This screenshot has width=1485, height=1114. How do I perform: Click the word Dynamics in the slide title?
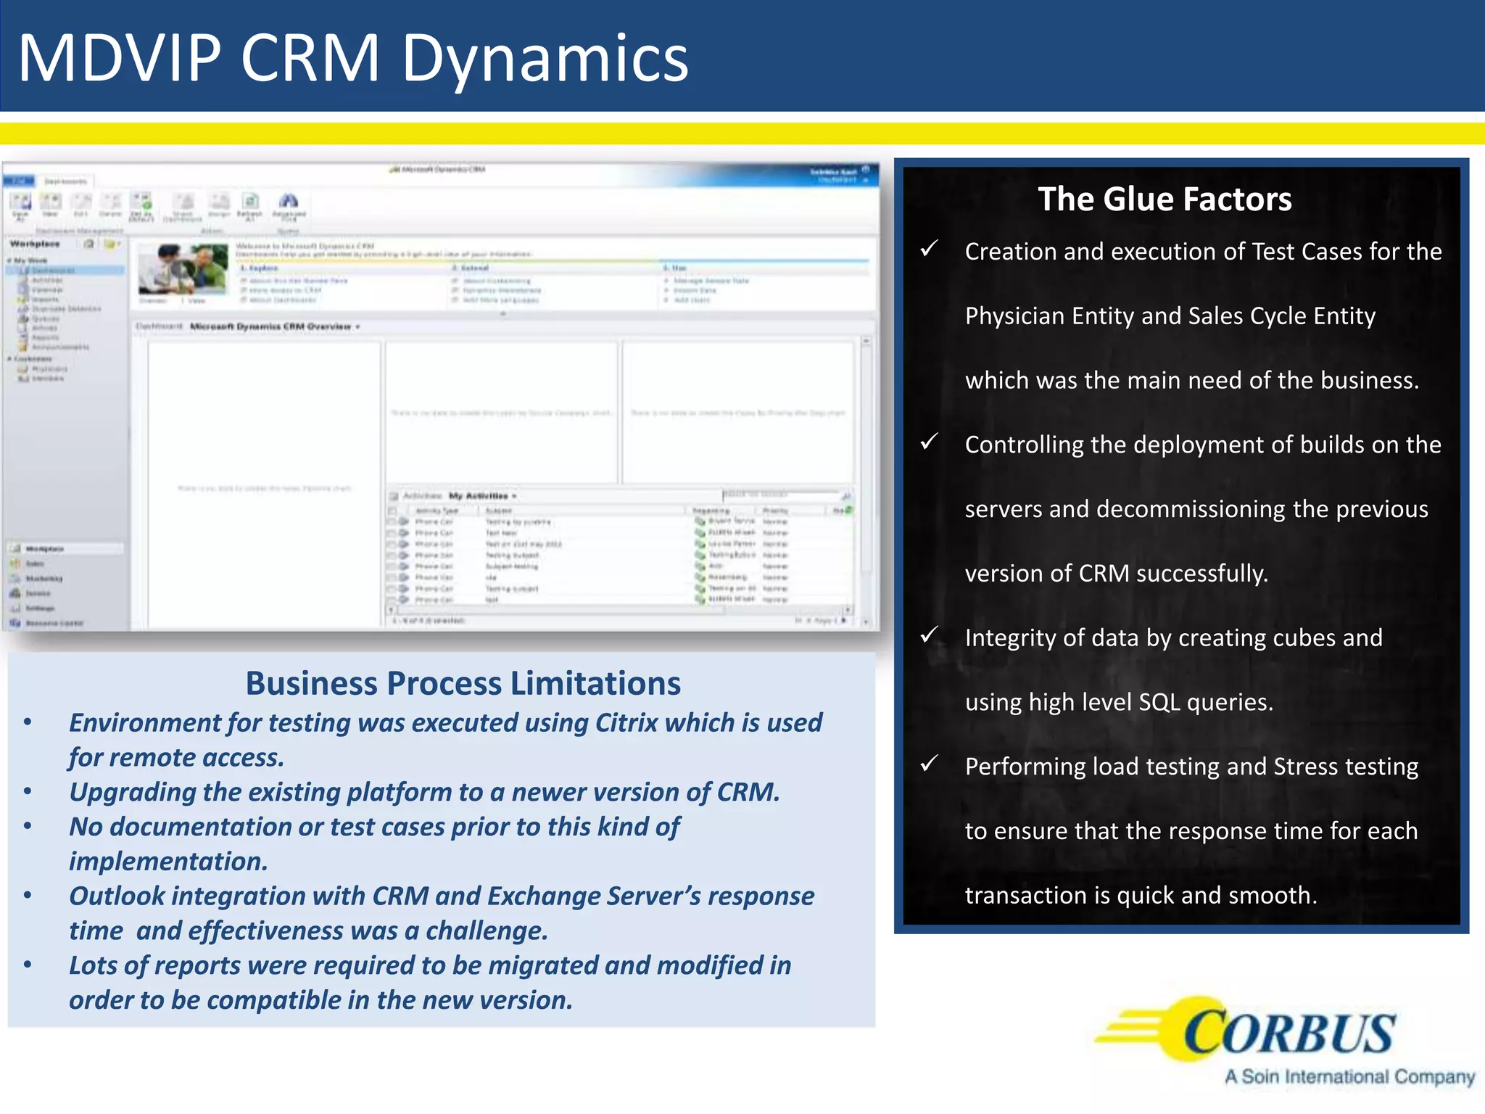click(544, 59)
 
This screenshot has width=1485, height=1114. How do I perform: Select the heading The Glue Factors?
click(1165, 199)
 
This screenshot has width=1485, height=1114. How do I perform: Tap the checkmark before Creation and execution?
click(930, 249)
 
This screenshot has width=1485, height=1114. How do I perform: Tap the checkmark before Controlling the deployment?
click(930, 442)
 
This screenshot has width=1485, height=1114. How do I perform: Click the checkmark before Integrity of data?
click(930, 636)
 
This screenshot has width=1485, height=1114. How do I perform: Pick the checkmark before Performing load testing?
click(930, 764)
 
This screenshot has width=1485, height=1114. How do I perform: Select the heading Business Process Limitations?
click(463, 683)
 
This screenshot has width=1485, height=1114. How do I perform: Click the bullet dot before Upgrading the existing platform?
click(28, 792)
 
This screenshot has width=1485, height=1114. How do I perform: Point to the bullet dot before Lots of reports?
click(28, 965)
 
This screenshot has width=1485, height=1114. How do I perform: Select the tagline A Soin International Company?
click(1349, 1077)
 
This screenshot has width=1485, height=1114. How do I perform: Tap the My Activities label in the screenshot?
click(479, 496)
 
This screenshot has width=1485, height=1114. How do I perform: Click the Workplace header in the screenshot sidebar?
click(35, 244)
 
